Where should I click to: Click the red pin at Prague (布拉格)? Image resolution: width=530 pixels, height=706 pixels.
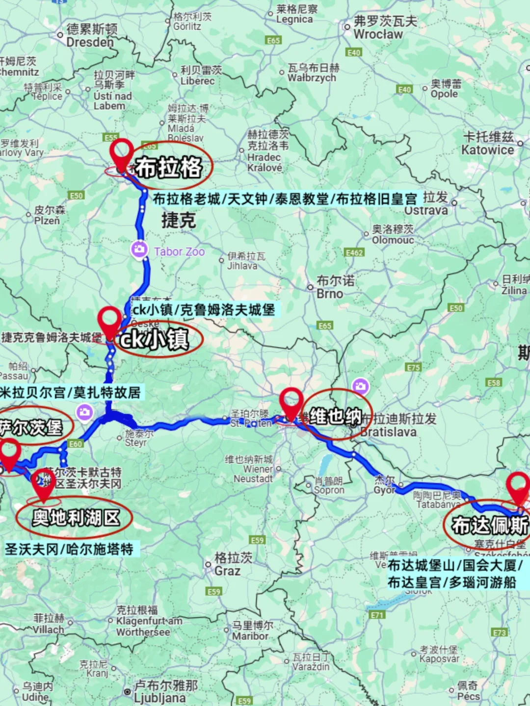(x=121, y=153)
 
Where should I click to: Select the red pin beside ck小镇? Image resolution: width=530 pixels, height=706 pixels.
(x=109, y=321)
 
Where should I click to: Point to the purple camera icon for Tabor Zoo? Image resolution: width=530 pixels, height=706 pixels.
(x=139, y=249)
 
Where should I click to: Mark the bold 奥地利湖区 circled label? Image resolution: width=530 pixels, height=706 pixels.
(x=76, y=518)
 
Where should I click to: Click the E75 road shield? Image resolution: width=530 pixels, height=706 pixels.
(x=413, y=367)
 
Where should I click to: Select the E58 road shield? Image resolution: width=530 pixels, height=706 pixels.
(x=493, y=382)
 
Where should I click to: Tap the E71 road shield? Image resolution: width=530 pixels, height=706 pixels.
(x=377, y=615)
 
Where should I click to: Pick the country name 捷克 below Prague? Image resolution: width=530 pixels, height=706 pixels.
(x=179, y=220)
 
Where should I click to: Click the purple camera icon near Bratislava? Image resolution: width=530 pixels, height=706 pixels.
(x=360, y=386)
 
